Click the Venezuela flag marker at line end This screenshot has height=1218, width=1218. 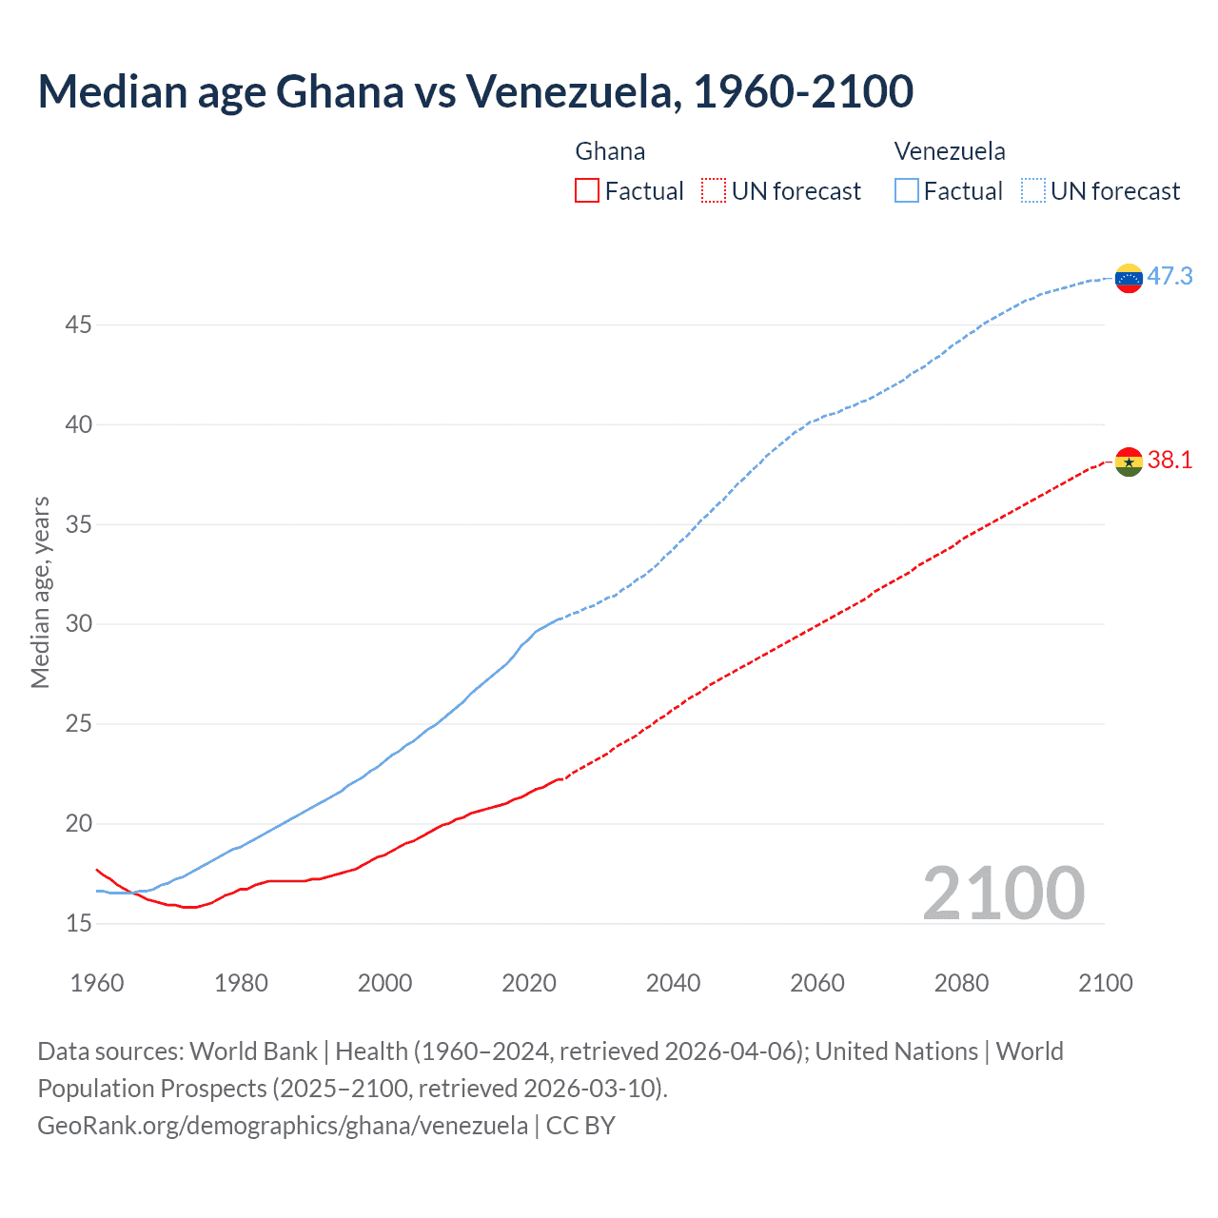point(1129,278)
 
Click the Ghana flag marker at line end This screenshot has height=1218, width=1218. point(1129,462)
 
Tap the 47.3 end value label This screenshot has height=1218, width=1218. point(1169,276)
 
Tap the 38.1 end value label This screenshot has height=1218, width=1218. point(1169,461)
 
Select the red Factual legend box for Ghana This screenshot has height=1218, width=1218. point(587,190)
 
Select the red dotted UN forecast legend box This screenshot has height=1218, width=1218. point(714,190)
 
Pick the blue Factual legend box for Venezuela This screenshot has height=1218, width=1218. point(907,190)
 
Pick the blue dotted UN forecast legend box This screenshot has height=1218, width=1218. point(1033,190)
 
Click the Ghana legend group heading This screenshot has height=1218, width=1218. point(610,151)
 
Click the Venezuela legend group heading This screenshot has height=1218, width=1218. point(950,151)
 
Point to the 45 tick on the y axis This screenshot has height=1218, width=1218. point(78,324)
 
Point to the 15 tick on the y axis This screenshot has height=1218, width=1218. point(78,923)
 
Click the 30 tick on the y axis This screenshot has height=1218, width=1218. point(78,624)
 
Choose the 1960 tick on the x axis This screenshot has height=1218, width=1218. point(97,983)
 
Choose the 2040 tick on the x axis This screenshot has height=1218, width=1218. point(673,983)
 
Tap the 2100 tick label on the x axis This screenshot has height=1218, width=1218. point(1105,983)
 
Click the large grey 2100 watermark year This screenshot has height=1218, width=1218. point(1003,893)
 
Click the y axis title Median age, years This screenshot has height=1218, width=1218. point(40,592)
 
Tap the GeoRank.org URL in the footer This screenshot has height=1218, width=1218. point(283,1126)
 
